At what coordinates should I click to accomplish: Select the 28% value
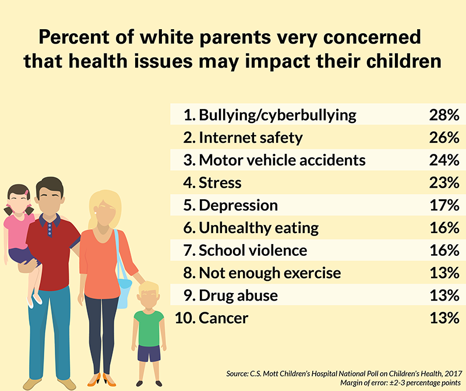443,115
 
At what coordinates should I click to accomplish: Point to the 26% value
443,138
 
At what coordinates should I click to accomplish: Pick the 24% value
443,160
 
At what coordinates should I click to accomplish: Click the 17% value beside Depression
443,205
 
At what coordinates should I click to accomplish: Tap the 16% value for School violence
443,251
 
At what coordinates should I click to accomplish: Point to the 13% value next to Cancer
443,318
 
